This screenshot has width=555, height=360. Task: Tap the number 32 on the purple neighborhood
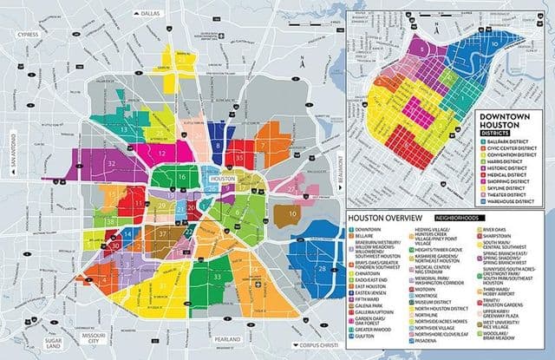pyautogui.click(x=110, y=162)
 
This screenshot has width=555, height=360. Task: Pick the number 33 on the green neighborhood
pyautogui.click(x=217, y=277)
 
